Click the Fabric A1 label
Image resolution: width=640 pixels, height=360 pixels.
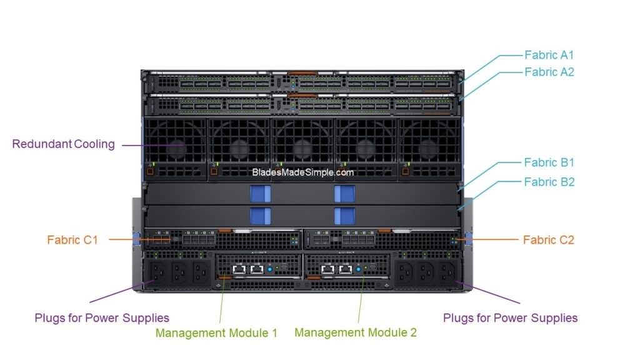click(x=549, y=55)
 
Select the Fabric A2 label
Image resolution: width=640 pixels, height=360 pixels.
click(x=549, y=72)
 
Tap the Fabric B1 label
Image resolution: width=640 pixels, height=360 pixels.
click(x=549, y=162)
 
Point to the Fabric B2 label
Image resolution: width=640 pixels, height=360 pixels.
click(x=549, y=182)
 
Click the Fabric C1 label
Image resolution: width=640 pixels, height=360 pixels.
click(x=72, y=239)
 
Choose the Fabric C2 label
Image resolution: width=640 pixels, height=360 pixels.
click(x=548, y=239)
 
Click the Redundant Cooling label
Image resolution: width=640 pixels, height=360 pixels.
click(x=64, y=144)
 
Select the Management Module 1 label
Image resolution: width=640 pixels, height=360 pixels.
click(x=216, y=332)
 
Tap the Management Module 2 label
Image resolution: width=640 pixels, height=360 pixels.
click(x=355, y=332)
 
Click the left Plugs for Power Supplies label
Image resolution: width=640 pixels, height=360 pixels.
click(x=102, y=317)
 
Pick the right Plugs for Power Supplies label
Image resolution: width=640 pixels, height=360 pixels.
click(x=510, y=317)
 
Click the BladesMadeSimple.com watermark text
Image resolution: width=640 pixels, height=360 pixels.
click(x=303, y=172)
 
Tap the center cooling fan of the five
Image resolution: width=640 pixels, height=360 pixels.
click(x=302, y=147)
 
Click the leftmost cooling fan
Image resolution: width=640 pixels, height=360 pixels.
click(x=175, y=147)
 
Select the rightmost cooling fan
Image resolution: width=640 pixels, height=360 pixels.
click(x=429, y=147)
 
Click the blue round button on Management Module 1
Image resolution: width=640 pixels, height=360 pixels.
click(x=271, y=269)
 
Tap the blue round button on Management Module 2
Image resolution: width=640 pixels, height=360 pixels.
click(x=359, y=269)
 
